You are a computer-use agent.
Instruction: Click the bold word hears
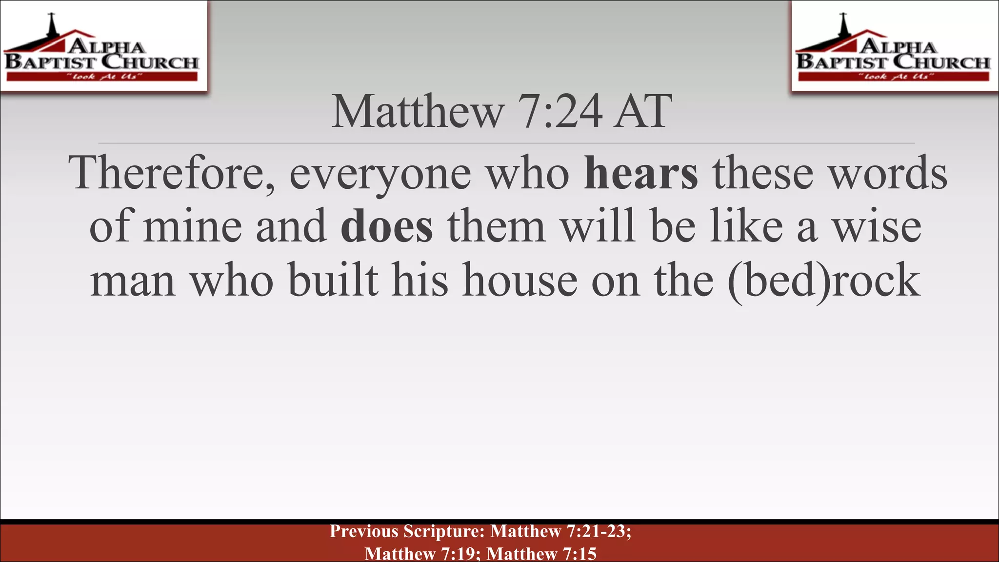[641, 173]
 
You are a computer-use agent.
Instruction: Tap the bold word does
[386, 226]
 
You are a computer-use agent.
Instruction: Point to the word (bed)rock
[823, 280]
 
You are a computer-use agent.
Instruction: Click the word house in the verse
[519, 280]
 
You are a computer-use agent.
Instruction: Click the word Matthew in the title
[418, 112]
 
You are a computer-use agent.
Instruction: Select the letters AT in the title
[643, 112]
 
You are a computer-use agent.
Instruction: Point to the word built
[333, 280]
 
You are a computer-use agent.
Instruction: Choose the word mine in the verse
[192, 226]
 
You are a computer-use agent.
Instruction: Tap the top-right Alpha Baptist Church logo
[894, 47]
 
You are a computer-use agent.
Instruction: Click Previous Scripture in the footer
[407, 531]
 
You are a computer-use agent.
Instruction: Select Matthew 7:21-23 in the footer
[560, 531]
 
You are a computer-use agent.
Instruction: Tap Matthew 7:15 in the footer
[541, 554]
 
